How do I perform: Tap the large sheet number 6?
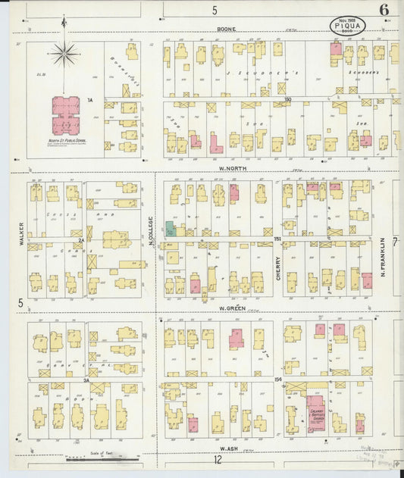tap(384, 10)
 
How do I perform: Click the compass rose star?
tap(65, 54)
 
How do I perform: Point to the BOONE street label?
tap(226, 30)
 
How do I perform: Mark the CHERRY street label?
tap(278, 267)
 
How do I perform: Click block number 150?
tap(287, 99)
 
